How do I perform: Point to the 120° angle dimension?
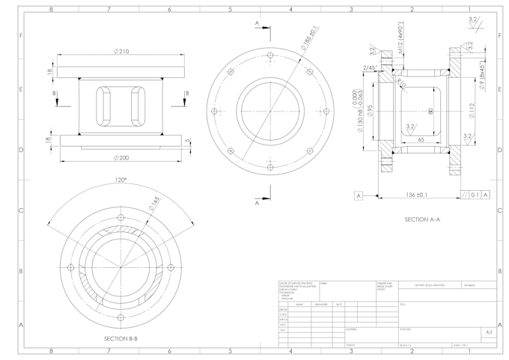(120, 180)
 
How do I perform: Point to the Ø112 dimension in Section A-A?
(472, 110)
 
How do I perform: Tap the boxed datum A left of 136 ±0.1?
(359, 195)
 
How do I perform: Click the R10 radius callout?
(402, 83)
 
